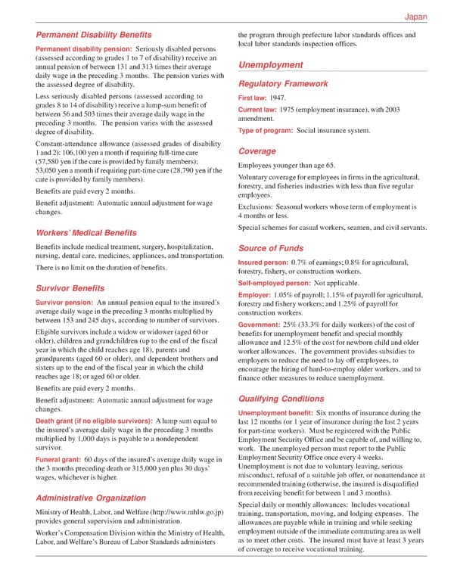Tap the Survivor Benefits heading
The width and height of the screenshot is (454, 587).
click(70, 288)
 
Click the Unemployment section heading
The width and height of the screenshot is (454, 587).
click(271, 65)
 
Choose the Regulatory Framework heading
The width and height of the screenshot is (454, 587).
click(283, 84)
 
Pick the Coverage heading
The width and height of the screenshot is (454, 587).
click(257, 151)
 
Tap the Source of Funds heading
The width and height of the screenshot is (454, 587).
click(271, 248)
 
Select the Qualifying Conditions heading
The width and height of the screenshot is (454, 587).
click(281, 399)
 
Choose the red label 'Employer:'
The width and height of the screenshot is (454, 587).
click(254, 294)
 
